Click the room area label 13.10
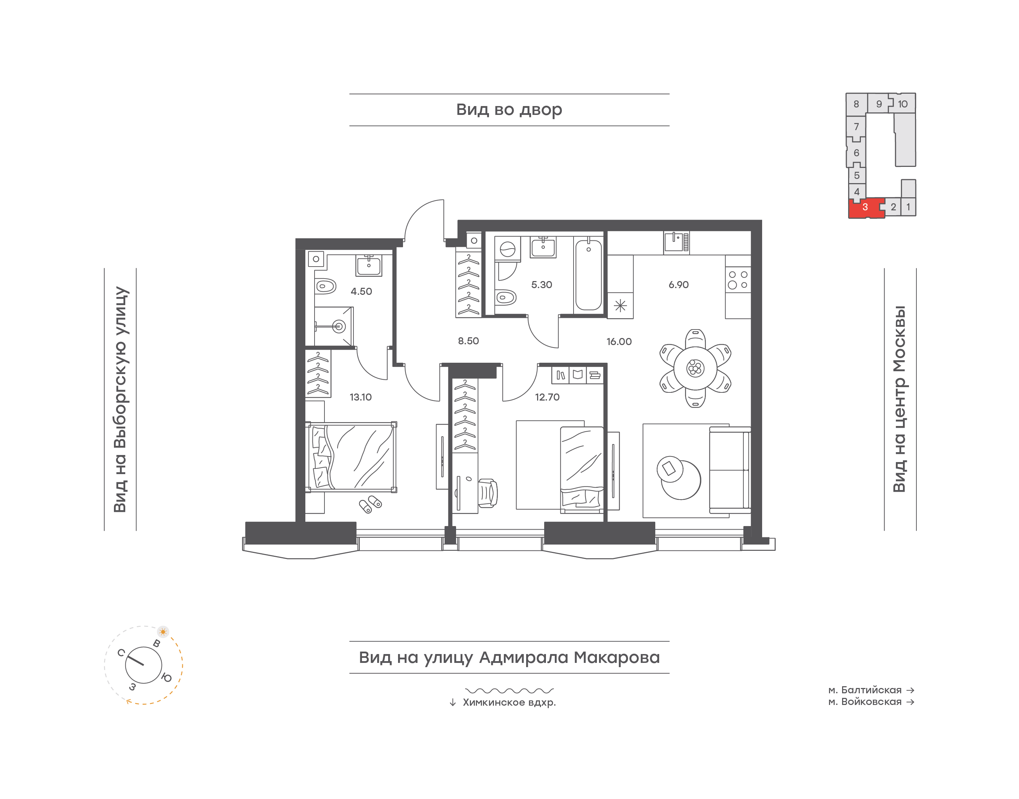click(x=361, y=397)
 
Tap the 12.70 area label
click(x=547, y=397)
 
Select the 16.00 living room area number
click(x=619, y=342)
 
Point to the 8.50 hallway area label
click(x=468, y=341)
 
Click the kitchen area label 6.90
click(x=678, y=284)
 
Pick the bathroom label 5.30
click(x=542, y=284)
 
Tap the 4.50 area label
click(x=361, y=291)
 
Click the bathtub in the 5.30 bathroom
click(x=588, y=275)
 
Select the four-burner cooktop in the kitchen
click(x=738, y=280)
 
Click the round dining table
click(x=695, y=368)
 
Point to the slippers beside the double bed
click(x=370, y=504)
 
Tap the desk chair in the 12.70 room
click(x=488, y=492)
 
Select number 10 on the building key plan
click(x=903, y=104)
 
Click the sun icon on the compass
click(x=163, y=631)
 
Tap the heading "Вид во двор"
click(x=509, y=110)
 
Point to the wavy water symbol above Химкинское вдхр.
click(x=509, y=690)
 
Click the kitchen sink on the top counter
click(x=676, y=242)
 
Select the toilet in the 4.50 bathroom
click(x=325, y=286)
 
